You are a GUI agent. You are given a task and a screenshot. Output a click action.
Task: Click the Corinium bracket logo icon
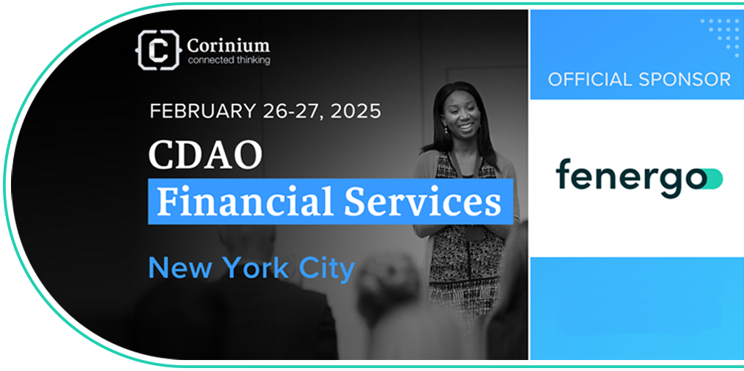pos(158,49)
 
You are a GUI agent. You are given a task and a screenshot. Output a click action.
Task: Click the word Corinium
pos(228,45)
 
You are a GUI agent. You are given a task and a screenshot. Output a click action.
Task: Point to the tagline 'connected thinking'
pos(229,60)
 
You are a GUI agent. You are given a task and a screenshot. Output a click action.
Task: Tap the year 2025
pos(356,111)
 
